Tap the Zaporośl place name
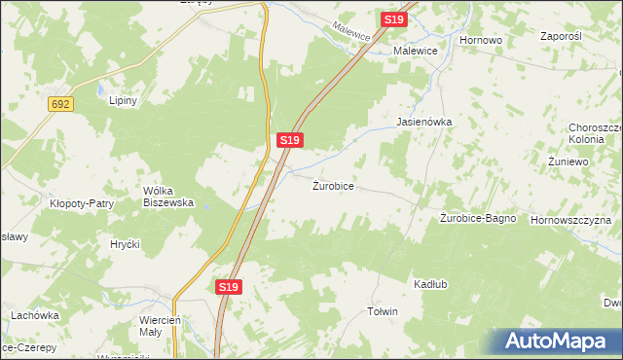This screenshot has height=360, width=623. (560, 35)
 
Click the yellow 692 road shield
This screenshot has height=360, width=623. (60, 104)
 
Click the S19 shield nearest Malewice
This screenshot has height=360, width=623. (392, 19)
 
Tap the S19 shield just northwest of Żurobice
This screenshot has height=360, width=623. (289, 140)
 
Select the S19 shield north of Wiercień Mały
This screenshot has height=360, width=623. (227, 287)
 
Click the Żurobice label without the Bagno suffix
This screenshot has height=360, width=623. (340, 185)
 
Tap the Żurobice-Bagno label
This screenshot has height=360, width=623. (477, 219)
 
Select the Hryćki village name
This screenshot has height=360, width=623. (126, 243)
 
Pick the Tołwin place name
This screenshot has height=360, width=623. (382, 311)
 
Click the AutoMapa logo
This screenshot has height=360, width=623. (558, 342)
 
